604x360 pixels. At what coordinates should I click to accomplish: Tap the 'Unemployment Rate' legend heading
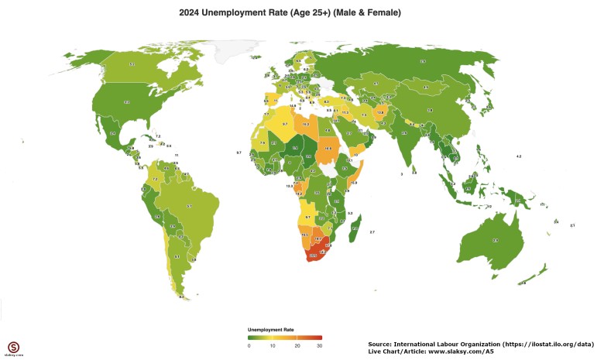point(270,330)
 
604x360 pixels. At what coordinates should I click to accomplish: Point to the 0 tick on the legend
point(249,345)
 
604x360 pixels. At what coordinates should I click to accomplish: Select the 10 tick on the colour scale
point(273,345)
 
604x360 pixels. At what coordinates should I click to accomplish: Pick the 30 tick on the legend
point(319,345)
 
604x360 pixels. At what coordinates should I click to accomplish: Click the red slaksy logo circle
point(13,345)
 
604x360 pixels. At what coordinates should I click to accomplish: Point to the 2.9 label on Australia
point(496,241)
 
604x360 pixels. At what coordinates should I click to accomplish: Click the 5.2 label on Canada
point(132,64)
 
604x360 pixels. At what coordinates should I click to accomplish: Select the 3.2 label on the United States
point(127,101)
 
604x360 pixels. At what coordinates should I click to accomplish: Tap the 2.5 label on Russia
point(422,61)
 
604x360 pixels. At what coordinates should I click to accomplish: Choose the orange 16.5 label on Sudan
point(328,148)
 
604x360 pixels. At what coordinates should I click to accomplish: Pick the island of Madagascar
point(355,226)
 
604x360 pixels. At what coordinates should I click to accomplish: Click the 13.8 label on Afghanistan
point(380,112)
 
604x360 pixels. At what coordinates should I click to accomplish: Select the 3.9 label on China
point(430,111)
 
